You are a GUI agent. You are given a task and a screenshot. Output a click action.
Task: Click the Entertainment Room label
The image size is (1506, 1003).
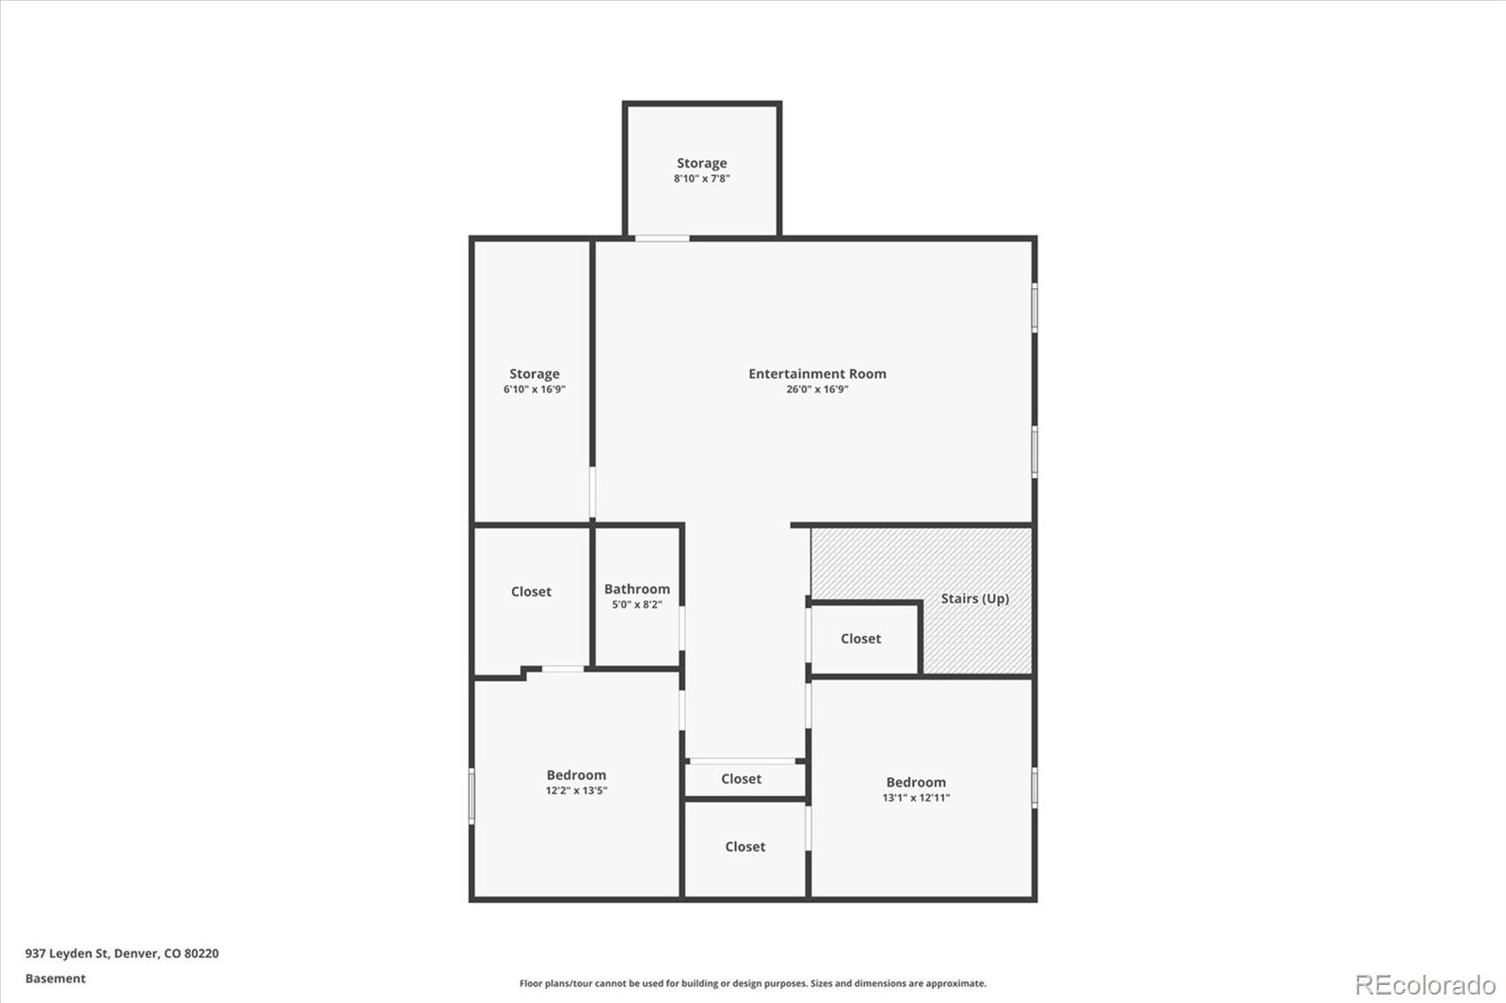[817, 374]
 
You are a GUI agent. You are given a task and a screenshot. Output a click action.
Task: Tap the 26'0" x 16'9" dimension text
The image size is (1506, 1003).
[817, 390]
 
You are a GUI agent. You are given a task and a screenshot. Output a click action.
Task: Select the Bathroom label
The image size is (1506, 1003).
[637, 589]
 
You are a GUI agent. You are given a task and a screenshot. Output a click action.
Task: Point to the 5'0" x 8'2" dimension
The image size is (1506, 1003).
[637, 605]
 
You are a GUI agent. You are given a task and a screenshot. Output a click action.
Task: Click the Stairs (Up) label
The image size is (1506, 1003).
[974, 598]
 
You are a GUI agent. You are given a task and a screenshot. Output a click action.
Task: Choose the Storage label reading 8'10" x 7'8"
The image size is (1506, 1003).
[701, 163]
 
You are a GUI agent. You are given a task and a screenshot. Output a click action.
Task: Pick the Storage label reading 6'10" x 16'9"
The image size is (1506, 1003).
[534, 374]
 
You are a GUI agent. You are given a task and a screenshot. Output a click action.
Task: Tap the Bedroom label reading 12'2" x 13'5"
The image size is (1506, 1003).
[576, 775]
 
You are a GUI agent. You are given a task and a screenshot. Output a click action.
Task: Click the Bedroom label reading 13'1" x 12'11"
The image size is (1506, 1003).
[916, 782]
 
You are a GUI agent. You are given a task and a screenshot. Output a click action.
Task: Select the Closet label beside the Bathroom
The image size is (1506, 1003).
[531, 592]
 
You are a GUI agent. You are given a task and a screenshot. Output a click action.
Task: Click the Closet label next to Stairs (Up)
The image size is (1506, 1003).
[860, 639]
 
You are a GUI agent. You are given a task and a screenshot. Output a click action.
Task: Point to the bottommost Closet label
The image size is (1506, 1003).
[745, 847]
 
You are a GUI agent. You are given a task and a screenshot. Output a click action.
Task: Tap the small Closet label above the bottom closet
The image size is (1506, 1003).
[741, 779]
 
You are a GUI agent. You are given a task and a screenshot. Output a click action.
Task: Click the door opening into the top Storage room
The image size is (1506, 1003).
[662, 238]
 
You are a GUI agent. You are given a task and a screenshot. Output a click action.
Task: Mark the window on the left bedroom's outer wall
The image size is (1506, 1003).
[472, 796]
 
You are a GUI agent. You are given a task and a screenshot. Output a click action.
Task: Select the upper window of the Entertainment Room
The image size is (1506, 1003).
[1034, 308]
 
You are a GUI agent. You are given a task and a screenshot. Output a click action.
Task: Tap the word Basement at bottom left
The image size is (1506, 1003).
[56, 979]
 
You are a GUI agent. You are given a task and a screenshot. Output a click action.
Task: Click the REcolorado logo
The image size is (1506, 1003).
[1424, 985]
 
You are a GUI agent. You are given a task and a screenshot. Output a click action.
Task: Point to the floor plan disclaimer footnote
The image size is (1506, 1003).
[753, 983]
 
